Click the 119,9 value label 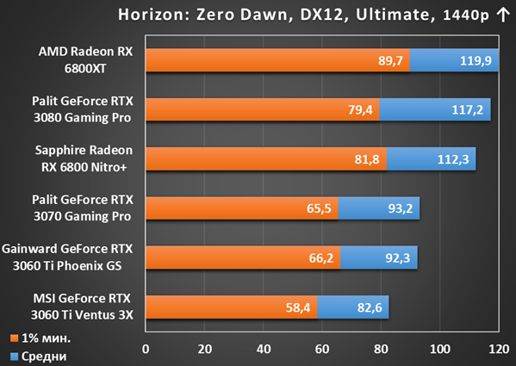click(476, 60)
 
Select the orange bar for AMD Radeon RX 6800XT click(277, 60)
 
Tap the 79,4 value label click(360, 109)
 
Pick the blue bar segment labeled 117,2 click(435, 109)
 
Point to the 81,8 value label click(367, 159)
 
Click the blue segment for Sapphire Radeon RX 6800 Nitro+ click(431, 159)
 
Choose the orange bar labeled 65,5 click(242, 208)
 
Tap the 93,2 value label click(401, 208)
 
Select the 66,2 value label click(320, 258)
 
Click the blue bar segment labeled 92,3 click(379, 257)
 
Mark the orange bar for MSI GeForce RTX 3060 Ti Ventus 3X click(232, 307)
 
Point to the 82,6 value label click(370, 307)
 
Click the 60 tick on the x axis click(322, 350)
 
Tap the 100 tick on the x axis click(440, 350)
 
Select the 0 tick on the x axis click(146, 350)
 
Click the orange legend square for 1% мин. click(14, 338)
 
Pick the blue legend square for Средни click(14, 357)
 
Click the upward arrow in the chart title click(503, 15)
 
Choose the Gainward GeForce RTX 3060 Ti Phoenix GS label click(67, 257)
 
